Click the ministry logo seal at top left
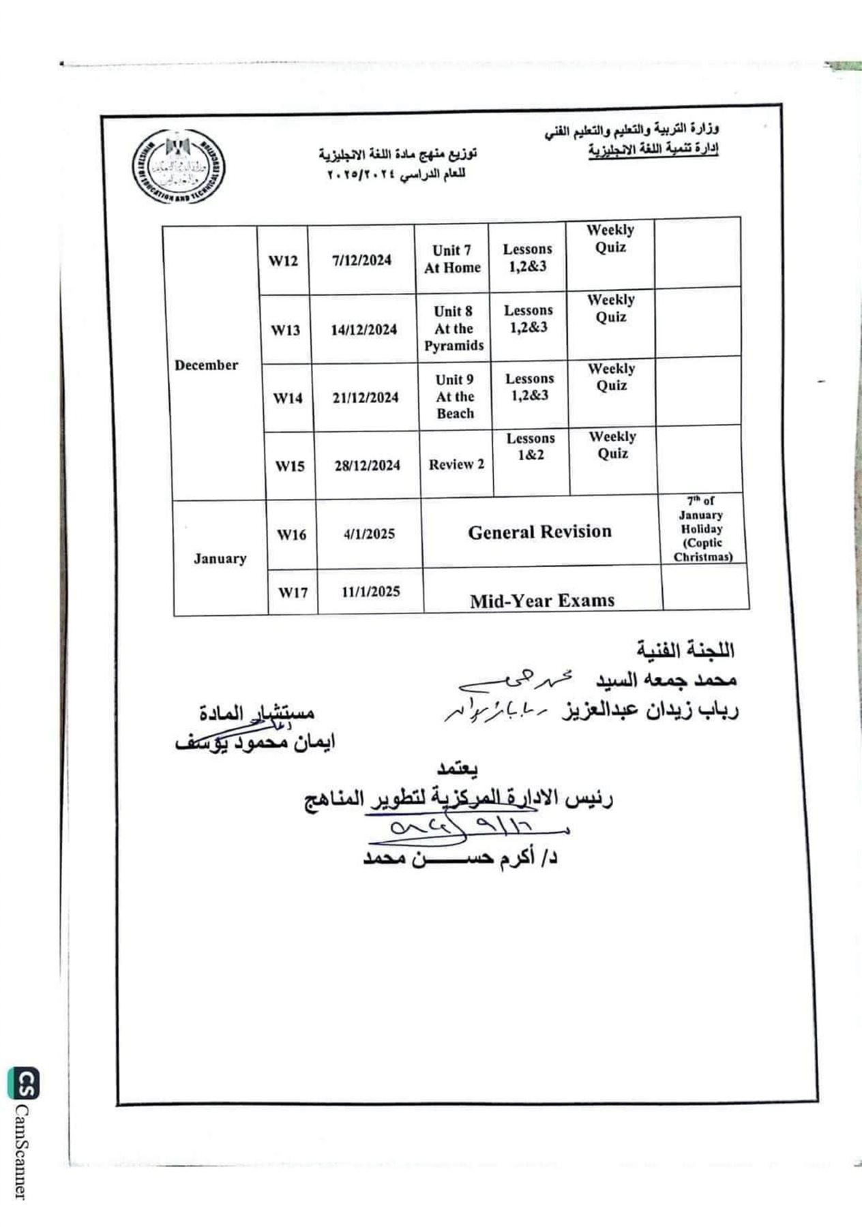point(179,166)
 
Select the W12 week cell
point(283,260)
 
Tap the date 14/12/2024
point(364,329)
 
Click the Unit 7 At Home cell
point(452,259)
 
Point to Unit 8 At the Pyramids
point(454,328)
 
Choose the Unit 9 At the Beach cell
point(455,396)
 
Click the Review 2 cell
point(456,464)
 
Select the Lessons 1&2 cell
point(531,446)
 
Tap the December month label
point(207,365)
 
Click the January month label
point(219,558)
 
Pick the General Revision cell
point(540,532)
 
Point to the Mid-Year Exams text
point(542,601)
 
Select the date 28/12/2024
point(368,466)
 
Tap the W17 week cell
point(293,592)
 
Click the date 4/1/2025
point(370,534)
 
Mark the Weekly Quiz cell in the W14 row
point(612,377)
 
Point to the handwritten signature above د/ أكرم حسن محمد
point(464,828)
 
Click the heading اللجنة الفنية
point(685,650)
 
